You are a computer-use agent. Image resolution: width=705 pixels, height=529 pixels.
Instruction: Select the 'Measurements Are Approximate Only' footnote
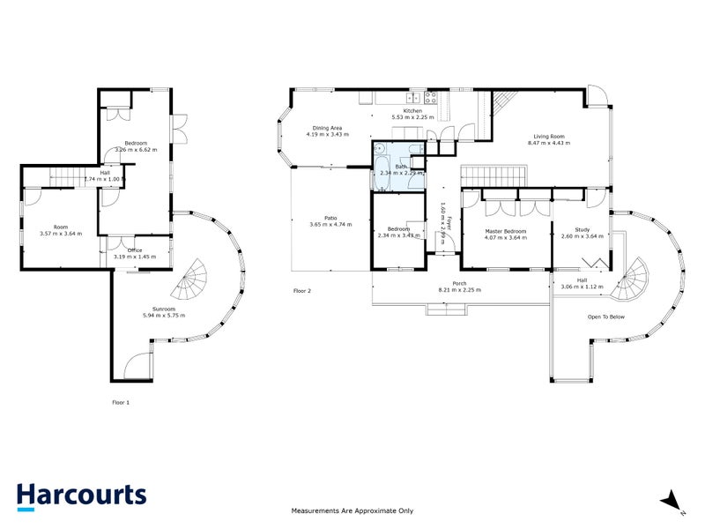point(352,510)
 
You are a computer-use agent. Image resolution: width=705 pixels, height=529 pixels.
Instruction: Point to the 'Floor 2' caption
point(302,290)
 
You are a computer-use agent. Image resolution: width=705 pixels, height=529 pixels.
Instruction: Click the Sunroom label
point(160,309)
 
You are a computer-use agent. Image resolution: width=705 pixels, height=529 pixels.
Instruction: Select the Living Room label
point(548,137)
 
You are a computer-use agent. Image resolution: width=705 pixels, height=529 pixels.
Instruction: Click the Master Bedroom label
point(506,231)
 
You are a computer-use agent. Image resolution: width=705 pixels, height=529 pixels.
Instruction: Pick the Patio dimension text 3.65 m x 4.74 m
point(330,225)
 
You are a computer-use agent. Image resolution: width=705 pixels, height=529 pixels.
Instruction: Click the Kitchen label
point(413,111)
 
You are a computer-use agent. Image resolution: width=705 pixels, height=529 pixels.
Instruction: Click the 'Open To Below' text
point(606,316)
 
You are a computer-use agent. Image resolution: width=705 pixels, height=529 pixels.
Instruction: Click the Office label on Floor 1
point(134,250)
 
